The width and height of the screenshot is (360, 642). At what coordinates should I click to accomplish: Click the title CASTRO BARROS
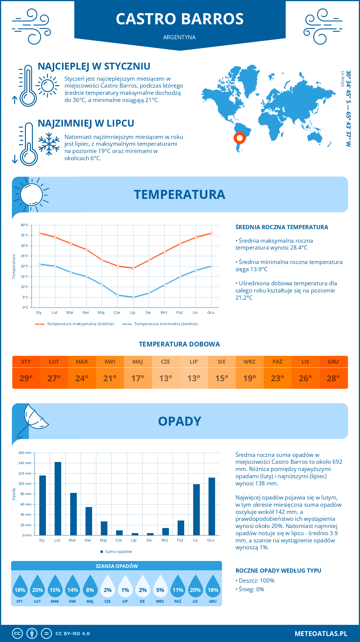[180, 19]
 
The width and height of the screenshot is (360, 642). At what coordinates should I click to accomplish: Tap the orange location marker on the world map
[239, 138]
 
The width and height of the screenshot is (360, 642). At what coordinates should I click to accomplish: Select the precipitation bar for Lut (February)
[58, 498]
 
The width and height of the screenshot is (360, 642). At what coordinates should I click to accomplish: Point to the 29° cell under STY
[26, 378]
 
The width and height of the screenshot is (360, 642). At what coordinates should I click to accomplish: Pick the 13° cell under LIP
[193, 378]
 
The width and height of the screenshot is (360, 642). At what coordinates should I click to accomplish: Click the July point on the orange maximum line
[133, 268]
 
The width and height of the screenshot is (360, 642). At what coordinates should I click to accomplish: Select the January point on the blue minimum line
[40, 264]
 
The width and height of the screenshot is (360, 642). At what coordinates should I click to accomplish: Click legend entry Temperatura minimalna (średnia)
[166, 324]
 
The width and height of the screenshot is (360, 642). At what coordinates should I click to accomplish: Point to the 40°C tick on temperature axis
[25, 225]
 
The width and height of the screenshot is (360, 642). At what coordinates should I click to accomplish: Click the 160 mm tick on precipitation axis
[25, 453]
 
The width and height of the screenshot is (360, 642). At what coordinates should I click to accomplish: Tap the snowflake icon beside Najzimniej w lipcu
[49, 144]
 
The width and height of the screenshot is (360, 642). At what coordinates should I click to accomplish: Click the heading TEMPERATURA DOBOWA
[179, 344]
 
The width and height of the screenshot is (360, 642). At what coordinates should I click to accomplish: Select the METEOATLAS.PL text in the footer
[321, 633]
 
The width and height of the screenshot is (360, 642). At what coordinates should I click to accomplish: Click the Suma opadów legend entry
[118, 551]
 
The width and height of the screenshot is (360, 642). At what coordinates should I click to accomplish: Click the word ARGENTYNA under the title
[179, 37]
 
